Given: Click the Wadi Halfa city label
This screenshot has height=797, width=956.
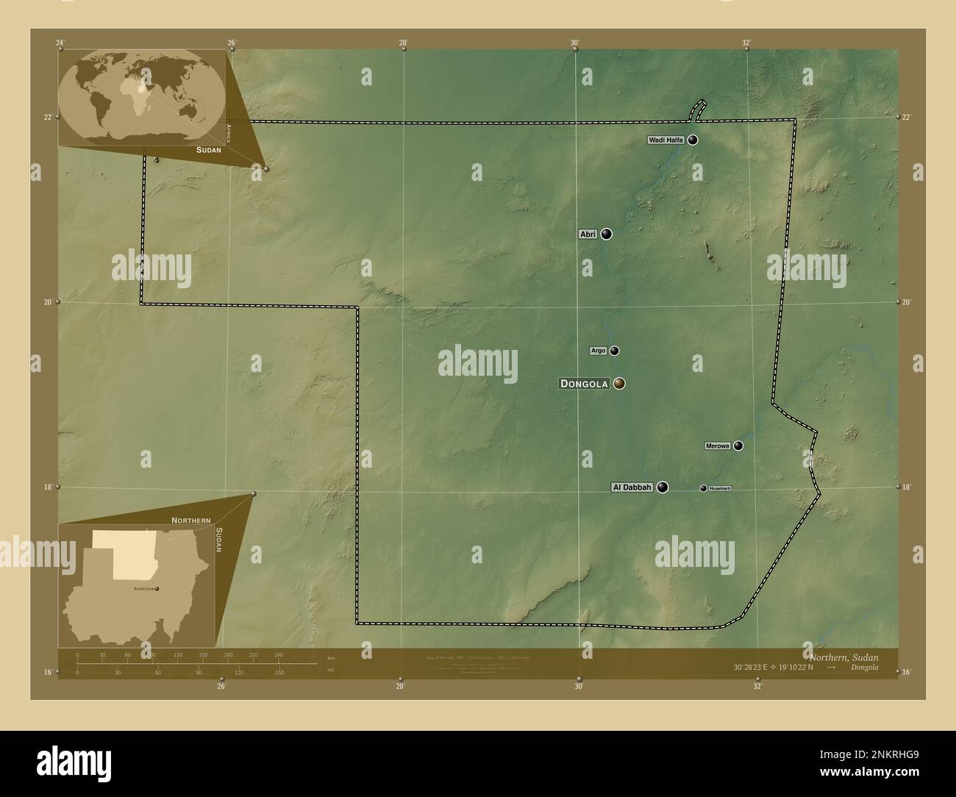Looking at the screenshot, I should pos(666,140).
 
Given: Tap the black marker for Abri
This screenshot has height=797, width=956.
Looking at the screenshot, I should pos(606,234).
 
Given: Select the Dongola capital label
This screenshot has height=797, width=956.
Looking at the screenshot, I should pos(585,384).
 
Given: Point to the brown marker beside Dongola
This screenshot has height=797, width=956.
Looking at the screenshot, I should pos(619,383).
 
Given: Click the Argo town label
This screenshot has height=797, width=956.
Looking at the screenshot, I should pos(598,351).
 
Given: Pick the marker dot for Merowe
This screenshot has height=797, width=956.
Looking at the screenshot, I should pos(738,446).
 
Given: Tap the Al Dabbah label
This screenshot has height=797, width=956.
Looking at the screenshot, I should pos(632,487).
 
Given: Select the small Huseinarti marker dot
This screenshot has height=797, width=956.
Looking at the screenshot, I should pos(703,488).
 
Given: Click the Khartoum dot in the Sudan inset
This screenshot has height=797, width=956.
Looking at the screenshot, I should pos(157,588).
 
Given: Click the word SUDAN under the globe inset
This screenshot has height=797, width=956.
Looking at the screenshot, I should pos(209,149).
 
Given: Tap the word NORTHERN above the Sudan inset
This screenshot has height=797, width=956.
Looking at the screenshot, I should pos(191,520).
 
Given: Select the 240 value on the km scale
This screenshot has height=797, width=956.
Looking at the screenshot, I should pos(277,654).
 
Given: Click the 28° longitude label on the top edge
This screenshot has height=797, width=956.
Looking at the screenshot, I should pos(403,43).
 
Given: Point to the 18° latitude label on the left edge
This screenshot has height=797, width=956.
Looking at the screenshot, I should pos(47,487).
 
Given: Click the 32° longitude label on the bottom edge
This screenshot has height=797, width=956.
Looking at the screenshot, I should pos(757,687).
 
